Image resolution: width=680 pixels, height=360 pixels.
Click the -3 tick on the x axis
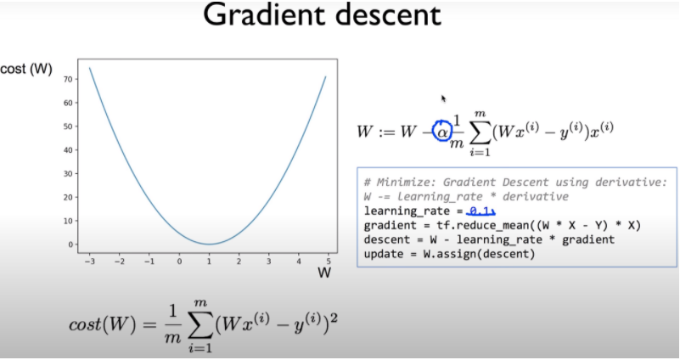point(89,261)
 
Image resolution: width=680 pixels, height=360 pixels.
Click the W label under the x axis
point(323,273)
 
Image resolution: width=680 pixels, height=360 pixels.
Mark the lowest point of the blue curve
point(210,244)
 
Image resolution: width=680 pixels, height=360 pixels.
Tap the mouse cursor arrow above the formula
point(443,98)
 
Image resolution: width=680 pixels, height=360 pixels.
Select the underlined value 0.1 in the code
point(480,210)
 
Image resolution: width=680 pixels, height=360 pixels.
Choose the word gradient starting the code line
point(388,225)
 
